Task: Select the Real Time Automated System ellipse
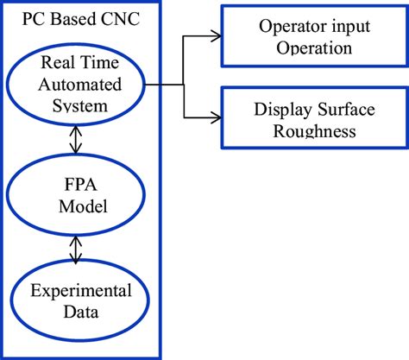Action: coord(76,85)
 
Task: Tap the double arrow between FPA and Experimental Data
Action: coord(77,249)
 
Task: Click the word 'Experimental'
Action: coord(77,289)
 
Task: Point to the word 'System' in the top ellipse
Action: coord(77,106)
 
